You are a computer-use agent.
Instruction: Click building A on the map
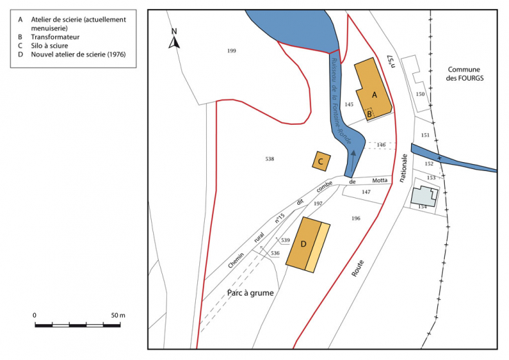coord(372,88)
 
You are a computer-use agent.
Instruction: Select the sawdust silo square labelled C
coord(320,161)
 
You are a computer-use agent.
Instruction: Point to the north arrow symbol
coord(174,40)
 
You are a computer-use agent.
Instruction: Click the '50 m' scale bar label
coord(117,315)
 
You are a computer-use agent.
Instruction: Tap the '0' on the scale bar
coord(35,315)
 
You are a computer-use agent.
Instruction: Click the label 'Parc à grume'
coord(250,293)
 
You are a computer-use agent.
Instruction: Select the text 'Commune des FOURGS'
coord(466,74)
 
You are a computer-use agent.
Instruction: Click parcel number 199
coord(231,51)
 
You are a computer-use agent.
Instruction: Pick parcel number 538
coord(270,159)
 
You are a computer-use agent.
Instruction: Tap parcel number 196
coord(355,219)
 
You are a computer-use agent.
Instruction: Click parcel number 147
coord(366,192)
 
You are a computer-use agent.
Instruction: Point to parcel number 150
coord(420,94)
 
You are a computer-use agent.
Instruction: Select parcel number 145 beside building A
coord(349,104)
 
